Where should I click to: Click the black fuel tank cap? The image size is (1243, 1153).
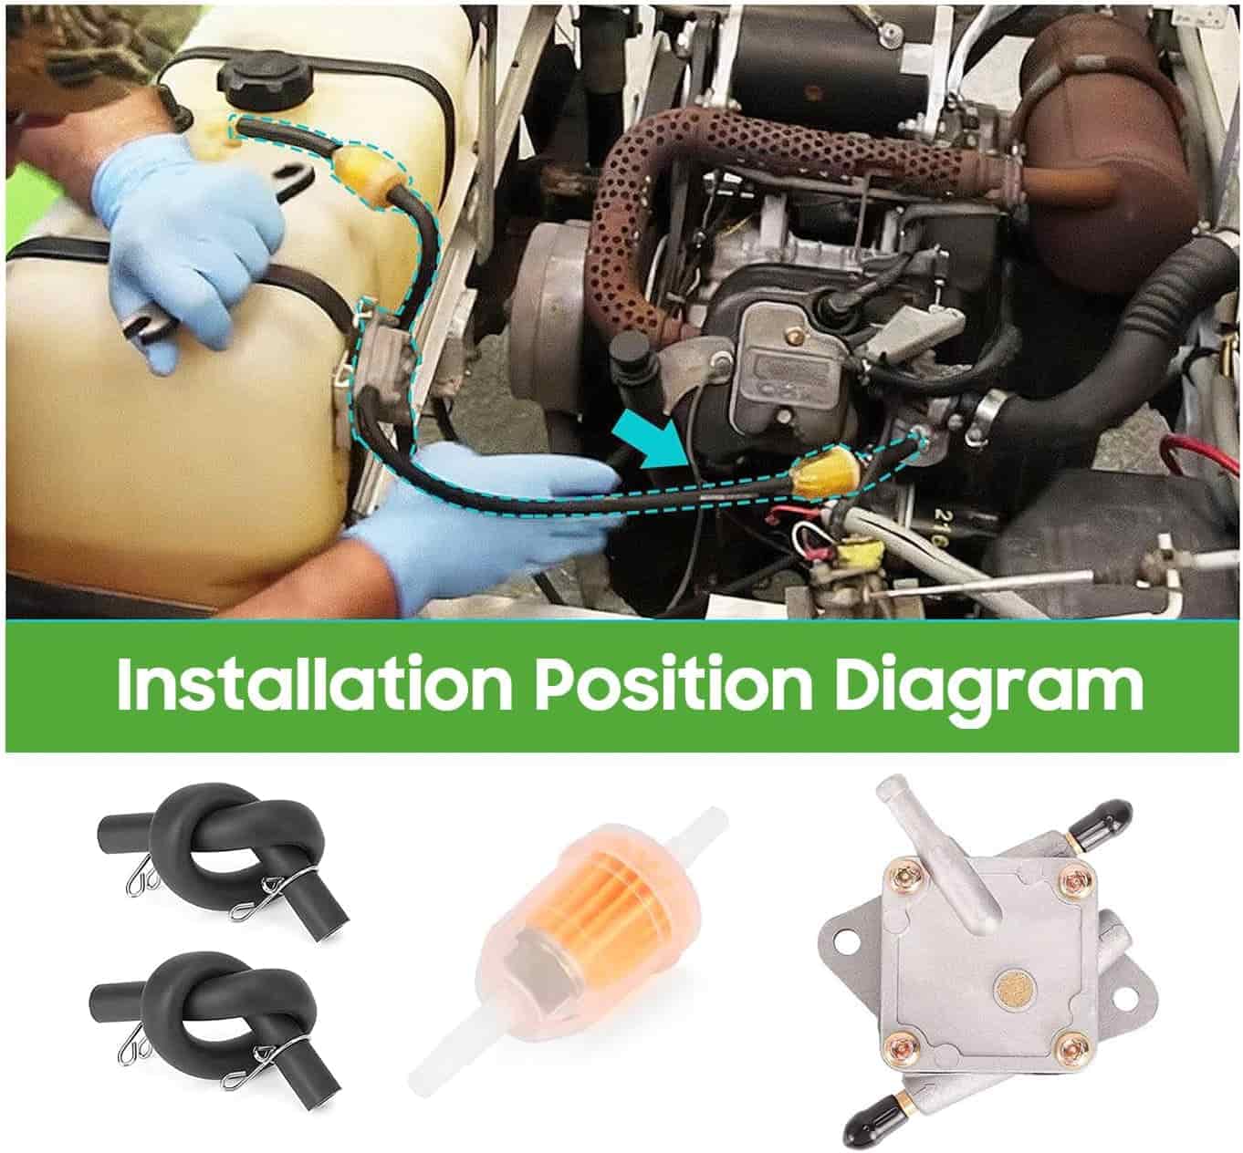tap(263, 88)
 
